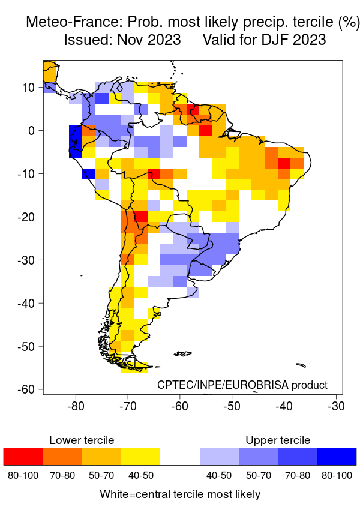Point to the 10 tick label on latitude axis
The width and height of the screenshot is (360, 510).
coord(28,87)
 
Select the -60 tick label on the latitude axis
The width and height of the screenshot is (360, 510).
coord(25,389)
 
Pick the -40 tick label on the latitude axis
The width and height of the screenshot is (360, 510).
coord(25,303)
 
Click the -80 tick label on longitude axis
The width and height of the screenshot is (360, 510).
coord(76,406)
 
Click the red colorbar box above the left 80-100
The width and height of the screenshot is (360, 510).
coord(23,456)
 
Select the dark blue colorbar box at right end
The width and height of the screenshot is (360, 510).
coord(337,456)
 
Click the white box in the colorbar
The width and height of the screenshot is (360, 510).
coord(180,456)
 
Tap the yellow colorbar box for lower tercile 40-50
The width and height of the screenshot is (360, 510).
coord(140,456)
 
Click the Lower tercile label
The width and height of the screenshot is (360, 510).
coord(82,440)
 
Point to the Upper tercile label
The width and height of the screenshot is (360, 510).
coord(278,440)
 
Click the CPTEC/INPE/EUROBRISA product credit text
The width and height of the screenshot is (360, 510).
coord(242,385)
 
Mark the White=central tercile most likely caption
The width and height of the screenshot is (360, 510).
coord(180,494)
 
